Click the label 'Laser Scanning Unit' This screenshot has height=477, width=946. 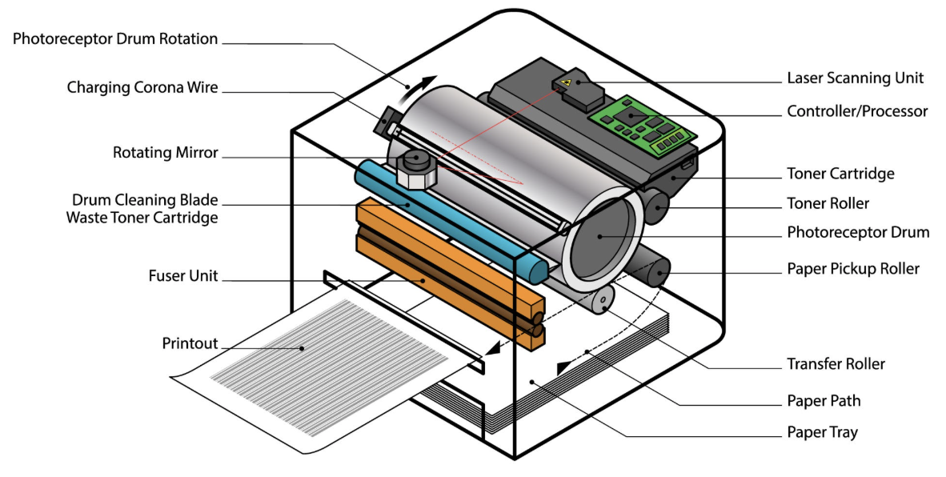(855, 78)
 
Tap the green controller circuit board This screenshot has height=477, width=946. (643, 126)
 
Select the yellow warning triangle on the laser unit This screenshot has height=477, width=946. (566, 82)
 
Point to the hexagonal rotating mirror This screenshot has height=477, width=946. (415, 170)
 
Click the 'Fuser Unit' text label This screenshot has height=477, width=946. (183, 275)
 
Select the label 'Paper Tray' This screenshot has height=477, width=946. (822, 431)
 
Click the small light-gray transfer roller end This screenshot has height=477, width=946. (602, 299)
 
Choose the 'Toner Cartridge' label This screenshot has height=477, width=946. (840, 174)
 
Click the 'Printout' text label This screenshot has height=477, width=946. (190, 343)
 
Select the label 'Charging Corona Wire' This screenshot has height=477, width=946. (142, 87)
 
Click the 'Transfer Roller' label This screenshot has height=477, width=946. (836, 363)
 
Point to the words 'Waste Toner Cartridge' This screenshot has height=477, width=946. (142, 217)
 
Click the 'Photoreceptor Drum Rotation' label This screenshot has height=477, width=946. (115, 38)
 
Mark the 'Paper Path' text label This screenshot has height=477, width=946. (824, 400)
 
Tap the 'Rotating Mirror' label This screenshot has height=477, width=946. (166, 153)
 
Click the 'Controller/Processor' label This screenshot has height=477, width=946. (857, 111)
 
